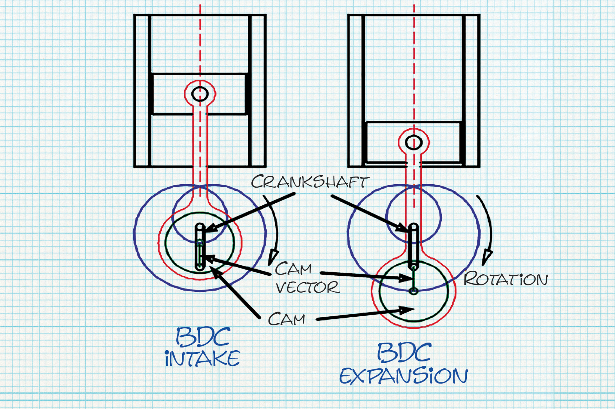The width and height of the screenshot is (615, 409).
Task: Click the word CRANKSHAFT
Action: [310, 182]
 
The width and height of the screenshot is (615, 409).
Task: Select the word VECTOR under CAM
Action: [307, 288]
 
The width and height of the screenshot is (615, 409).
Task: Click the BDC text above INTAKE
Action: [203, 337]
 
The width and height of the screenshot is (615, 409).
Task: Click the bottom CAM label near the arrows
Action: [286, 319]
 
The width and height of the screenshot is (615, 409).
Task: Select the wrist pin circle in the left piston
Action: [200, 94]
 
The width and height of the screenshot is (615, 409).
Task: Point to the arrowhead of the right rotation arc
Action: [486, 257]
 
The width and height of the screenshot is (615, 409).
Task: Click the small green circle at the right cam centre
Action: [414, 291]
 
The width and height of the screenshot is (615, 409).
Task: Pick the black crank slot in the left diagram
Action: [200, 247]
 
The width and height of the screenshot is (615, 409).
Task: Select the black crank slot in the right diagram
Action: [414, 246]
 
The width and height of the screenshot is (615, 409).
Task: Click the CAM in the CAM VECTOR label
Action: [293, 269]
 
